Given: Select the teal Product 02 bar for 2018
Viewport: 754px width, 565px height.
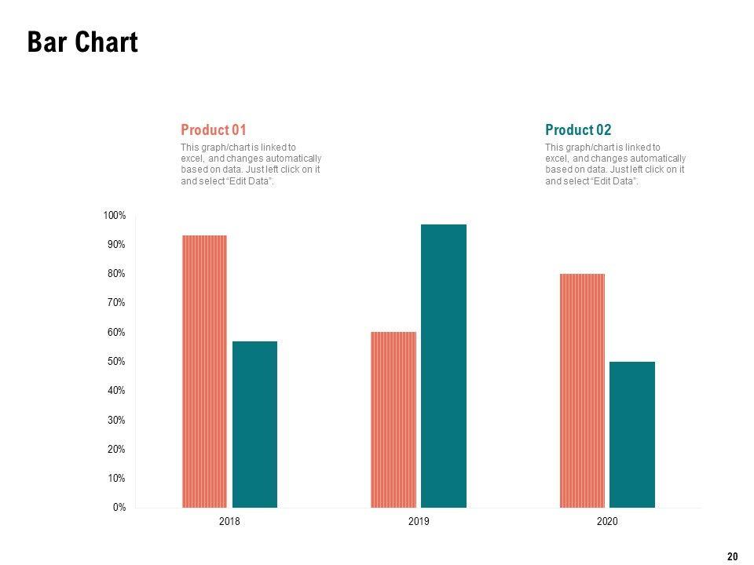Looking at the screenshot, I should [x=254, y=425].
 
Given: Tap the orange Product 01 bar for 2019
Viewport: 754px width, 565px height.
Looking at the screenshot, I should [x=393, y=420].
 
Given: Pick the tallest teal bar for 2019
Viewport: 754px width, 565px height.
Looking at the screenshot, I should [x=444, y=366].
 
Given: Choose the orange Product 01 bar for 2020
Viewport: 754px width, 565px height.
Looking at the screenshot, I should [x=582, y=391].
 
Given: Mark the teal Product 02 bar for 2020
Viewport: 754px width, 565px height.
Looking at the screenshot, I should [x=632, y=435].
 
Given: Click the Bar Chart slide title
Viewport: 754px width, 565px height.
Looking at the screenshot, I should [x=82, y=42].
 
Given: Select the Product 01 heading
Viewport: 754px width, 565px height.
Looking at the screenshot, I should [x=214, y=130].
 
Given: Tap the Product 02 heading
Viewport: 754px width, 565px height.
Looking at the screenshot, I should [x=578, y=130].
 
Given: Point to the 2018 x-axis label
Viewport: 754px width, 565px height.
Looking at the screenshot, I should [x=230, y=522].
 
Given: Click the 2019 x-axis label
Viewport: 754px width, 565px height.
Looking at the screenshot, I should [x=419, y=522].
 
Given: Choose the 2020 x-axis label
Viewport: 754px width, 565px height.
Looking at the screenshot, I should [x=608, y=522].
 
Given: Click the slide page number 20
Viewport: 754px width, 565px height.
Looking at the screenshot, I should [x=732, y=556].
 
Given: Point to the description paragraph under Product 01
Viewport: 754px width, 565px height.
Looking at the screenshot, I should [x=251, y=164].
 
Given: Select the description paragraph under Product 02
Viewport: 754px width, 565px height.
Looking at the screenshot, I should [x=615, y=164].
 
